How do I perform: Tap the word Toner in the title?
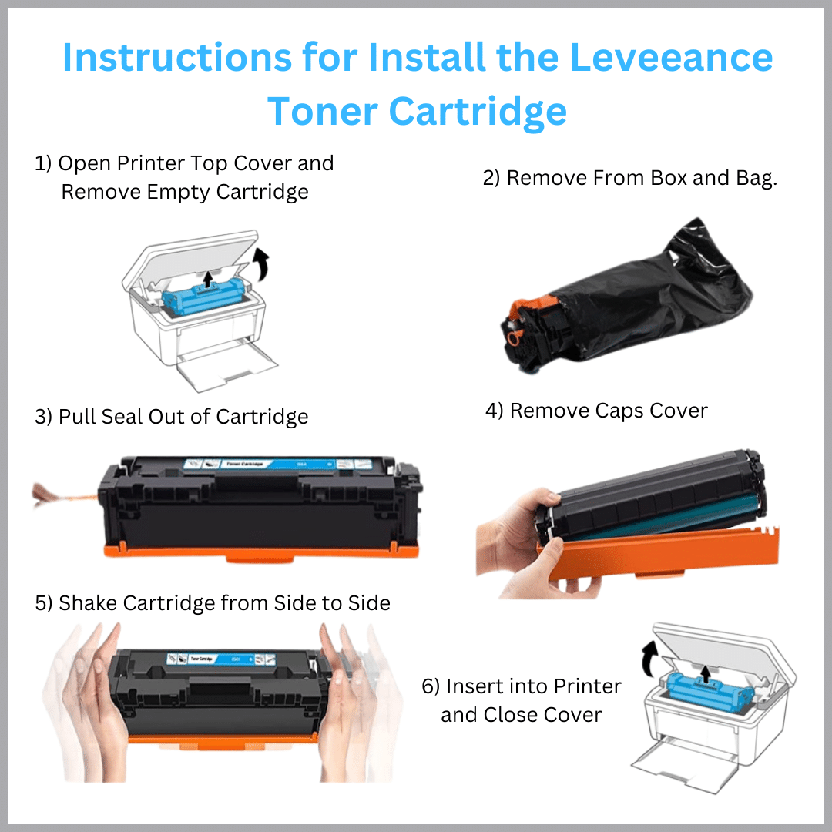(x=321, y=112)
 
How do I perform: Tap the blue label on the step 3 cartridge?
(x=254, y=463)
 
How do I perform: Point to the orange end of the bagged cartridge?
(x=516, y=324)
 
